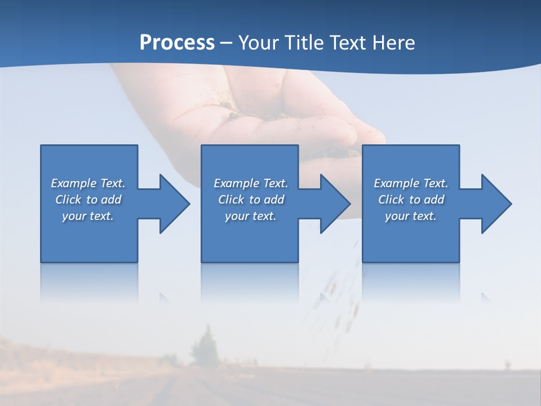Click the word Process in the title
[x=177, y=43]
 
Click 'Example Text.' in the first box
[x=88, y=183]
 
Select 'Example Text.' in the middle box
[x=251, y=183]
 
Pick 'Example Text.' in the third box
[x=411, y=183]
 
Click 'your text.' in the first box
[x=88, y=216]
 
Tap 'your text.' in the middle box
[x=251, y=216]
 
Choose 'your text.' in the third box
[x=411, y=216]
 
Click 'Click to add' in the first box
[x=88, y=200]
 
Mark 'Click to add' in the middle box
[x=251, y=200]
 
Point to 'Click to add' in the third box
[x=411, y=200]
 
